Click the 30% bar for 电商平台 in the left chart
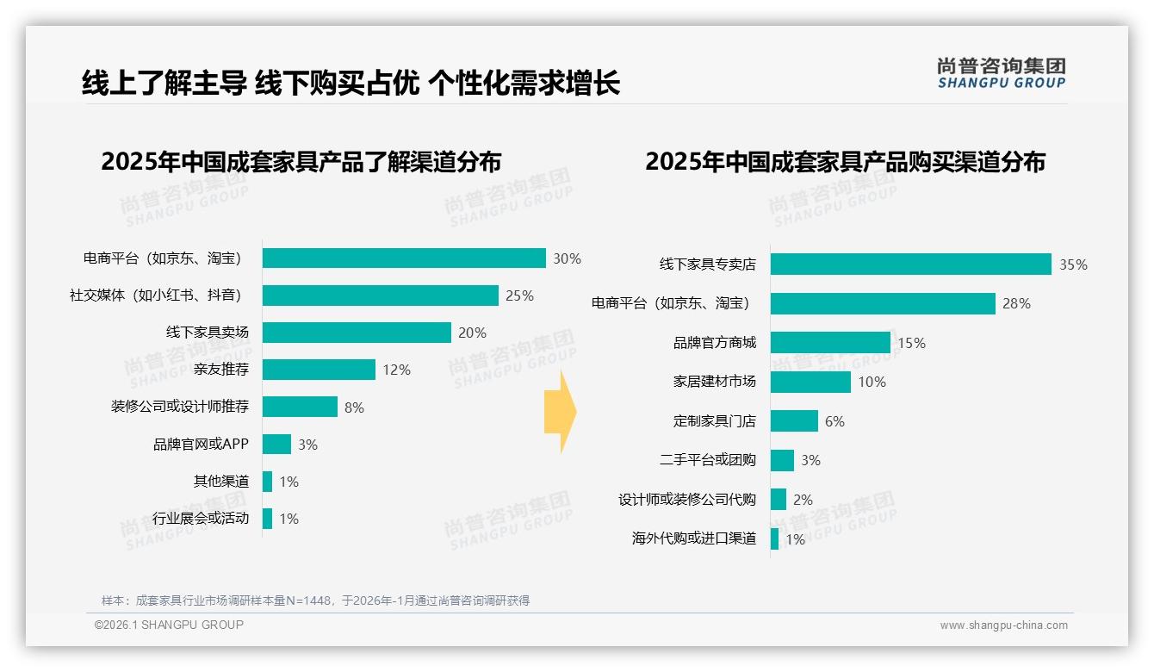pos(404,258)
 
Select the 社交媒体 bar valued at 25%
pos(380,296)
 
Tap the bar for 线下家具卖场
pos(357,333)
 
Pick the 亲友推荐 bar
pos(319,370)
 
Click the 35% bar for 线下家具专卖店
pos(910,264)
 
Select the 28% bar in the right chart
pos(883,303)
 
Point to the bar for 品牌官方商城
pos(830,343)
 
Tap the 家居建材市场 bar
pos(810,382)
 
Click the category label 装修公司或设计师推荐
pos(180,407)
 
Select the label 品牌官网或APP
pos(201,445)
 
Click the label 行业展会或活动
pos(201,519)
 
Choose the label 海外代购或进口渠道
pos(694,538)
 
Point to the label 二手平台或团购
pos(708,460)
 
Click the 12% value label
pos(396,370)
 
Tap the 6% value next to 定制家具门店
pos(834,421)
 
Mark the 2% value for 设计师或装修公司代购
pos(803,500)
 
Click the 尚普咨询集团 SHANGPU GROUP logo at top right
pos(1001,73)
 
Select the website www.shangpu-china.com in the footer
pos(1003,625)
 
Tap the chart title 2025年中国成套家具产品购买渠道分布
pos(845,162)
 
